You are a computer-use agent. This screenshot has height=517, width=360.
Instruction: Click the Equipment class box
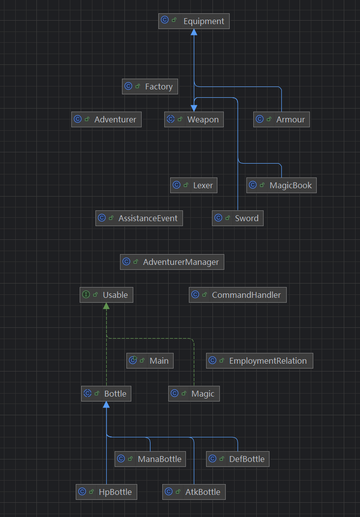(194, 21)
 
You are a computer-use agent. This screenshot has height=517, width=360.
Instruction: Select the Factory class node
(150, 86)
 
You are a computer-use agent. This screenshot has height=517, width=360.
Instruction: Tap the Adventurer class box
(106, 119)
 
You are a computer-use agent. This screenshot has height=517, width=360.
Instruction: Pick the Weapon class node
(194, 119)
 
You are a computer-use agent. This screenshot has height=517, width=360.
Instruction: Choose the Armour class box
(281, 119)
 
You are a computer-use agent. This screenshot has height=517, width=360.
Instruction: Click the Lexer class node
(194, 185)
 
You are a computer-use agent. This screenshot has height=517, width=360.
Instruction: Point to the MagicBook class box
(281, 185)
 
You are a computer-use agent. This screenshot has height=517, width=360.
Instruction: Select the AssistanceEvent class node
(139, 218)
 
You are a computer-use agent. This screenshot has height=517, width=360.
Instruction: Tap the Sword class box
(238, 218)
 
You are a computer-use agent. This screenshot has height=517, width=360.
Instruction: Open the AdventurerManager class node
(172, 262)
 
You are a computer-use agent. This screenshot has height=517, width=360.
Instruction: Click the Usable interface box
(106, 295)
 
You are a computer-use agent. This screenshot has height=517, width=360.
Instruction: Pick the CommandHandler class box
(238, 295)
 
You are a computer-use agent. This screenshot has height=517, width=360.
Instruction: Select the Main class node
(150, 361)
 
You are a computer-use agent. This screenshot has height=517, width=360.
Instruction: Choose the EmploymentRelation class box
(260, 361)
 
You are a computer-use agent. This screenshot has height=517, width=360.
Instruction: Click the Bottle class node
(106, 394)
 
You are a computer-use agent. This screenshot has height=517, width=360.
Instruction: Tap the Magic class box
(194, 394)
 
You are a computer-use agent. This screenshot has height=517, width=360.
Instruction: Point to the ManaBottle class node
(150, 459)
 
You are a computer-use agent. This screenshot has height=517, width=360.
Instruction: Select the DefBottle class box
(238, 459)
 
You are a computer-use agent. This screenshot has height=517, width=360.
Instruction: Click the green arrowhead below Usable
(106, 306)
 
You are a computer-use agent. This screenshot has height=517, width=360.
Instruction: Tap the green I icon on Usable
(87, 295)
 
